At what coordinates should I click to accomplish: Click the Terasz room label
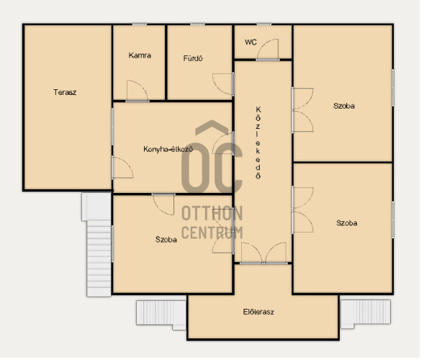tap(65, 92)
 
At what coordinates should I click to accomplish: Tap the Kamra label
tap(140, 55)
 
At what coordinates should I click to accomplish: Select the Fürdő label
tap(193, 58)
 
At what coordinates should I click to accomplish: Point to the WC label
tap(251, 42)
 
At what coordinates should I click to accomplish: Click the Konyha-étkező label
tap(168, 149)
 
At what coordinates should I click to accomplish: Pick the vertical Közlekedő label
tap(258, 143)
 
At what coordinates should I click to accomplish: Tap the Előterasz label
tap(258, 312)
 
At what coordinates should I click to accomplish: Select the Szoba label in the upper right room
tap(344, 106)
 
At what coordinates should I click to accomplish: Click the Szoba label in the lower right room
tap(347, 223)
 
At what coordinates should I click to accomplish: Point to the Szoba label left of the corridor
tap(166, 239)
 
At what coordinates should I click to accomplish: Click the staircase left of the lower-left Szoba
tap(97, 245)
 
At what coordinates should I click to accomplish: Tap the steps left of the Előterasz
tap(161, 315)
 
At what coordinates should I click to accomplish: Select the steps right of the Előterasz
tap(365, 313)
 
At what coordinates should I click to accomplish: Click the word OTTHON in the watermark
tap(212, 214)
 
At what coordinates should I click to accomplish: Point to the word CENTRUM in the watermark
tap(212, 233)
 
